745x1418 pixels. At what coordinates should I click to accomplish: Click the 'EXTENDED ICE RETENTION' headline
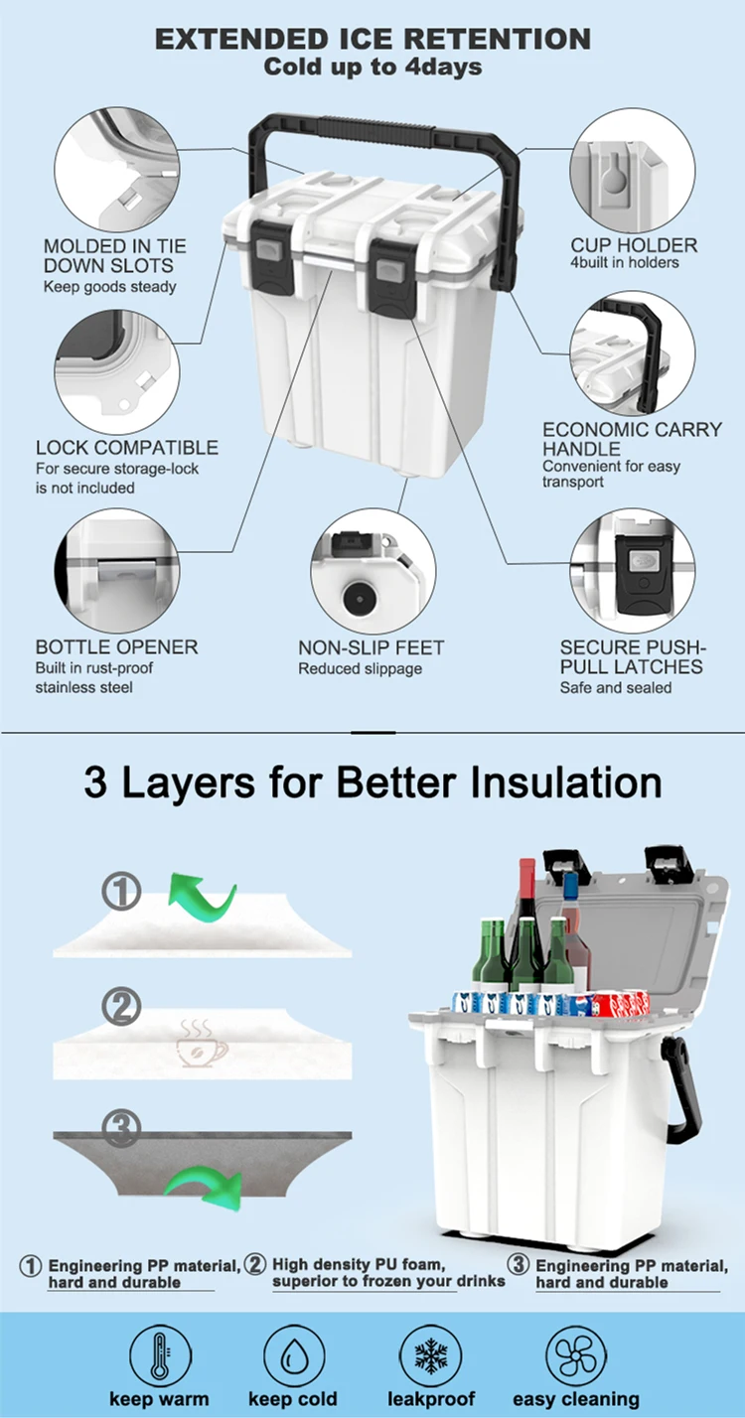pyautogui.click(x=372, y=39)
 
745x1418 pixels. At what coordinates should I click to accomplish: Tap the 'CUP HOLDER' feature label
pyautogui.click(x=634, y=245)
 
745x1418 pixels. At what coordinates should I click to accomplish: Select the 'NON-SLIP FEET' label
pyautogui.click(x=372, y=647)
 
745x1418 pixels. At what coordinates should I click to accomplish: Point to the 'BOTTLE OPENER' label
pyautogui.click(x=116, y=647)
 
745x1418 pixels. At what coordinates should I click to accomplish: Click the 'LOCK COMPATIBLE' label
pyautogui.click(x=127, y=448)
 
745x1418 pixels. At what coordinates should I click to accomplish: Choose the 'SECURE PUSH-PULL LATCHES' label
pyautogui.click(x=632, y=657)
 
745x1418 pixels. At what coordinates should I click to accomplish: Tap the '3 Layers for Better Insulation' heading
pyautogui.click(x=373, y=782)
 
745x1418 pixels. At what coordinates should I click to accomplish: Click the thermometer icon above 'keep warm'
pyautogui.click(x=160, y=1357)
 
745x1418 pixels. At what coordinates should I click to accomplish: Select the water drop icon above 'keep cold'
pyautogui.click(x=293, y=1357)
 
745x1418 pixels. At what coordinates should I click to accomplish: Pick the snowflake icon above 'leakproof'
pyautogui.click(x=430, y=1357)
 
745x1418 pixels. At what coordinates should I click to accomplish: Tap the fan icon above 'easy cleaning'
pyautogui.click(x=576, y=1357)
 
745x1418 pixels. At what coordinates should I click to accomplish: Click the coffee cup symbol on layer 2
pyautogui.click(x=202, y=1043)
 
